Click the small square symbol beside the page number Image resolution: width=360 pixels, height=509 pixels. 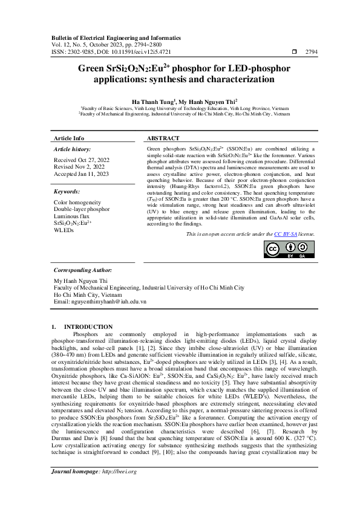coord(295,53)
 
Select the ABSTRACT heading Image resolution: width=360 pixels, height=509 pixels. coord(164,138)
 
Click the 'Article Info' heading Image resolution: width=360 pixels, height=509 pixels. coord(70,138)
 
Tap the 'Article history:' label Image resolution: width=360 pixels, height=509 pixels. coord(73,149)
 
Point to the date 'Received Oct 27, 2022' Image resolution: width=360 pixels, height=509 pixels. coord(82,160)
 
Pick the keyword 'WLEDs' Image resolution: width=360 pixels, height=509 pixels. coord(64,230)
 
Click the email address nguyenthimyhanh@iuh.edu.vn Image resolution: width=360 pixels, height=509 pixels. coord(100,300)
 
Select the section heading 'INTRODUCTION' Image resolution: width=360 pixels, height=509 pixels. coord(88,326)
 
